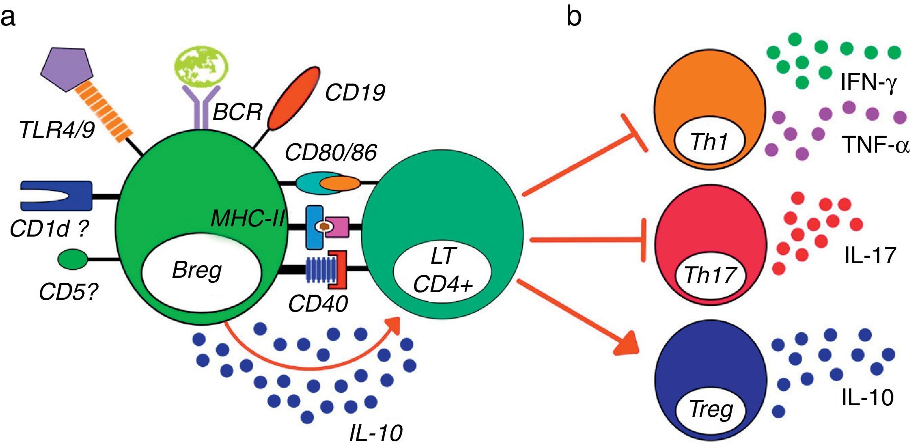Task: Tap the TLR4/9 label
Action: (x=57, y=129)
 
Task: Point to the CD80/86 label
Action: (x=331, y=153)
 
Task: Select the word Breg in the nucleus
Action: (x=197, y=270)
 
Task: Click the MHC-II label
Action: (x=247, y=219)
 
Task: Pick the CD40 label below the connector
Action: (x=318, y=304)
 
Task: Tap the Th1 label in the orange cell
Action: (x=709, y=142)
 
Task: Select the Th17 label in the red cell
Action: (x=710, y=275)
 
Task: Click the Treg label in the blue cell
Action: (x=711, y=409)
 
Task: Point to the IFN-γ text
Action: (x=868, y=82)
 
